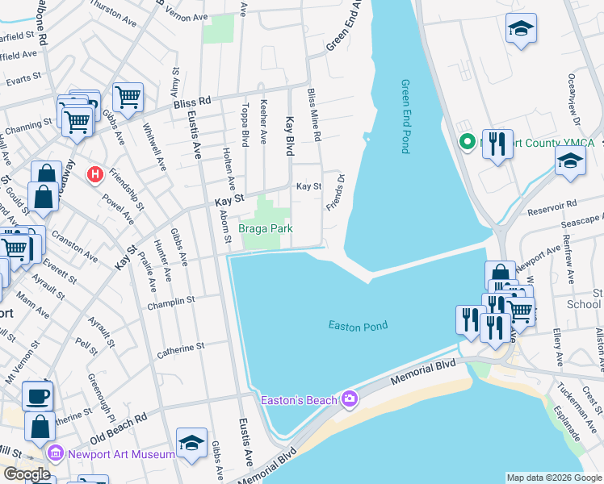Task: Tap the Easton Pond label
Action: tap(358, 326)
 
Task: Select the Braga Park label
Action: tap(265, 229)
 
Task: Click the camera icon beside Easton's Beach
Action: tap(349, 398)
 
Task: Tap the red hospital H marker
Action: tap(96, 173)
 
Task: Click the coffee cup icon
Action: tap(37, 396)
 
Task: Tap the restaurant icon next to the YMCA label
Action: tap(497, 145)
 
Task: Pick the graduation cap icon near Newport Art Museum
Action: tap(191, 443)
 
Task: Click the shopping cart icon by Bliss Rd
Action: tap(128, 97)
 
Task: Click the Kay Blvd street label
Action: tap(289, 135)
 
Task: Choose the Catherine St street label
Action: tap(181, 348)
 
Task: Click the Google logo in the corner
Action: tap(26, 474)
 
